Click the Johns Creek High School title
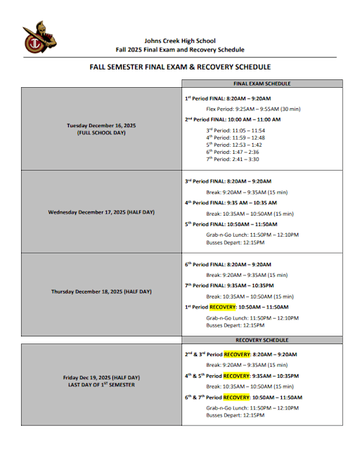point(180,41)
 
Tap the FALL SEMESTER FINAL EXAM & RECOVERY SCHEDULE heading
point(180,67)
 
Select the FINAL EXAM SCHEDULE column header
point(262,84)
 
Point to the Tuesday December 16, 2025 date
point(101,125)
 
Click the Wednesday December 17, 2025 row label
point(101,211)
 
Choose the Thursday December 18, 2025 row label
point(101,292)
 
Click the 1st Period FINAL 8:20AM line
point(228,99)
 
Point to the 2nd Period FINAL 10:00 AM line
point(232,119)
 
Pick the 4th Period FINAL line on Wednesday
point(230,202)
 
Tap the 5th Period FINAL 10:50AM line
point(231,223)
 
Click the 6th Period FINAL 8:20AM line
point(228,265)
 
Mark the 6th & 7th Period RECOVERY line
point(243,397)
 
